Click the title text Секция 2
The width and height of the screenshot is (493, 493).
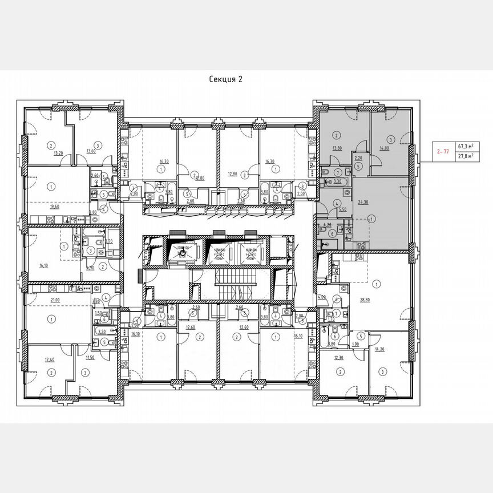pyautogui.click(x=226, y=80)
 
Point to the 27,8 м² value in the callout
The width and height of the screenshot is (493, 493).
pyautogui.click(x=467, y=157)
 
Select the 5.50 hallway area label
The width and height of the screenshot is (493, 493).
pyautogui.click(x=343, y=210)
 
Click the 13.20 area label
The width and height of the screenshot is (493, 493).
pyautogui.click(x=58, y=153)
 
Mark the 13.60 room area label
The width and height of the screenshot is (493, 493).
pyautogui.click(x=91, y=151)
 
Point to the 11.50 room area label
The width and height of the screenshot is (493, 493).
pyautogui.click(x=90, y=357)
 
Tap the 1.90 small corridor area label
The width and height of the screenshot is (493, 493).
pyautogui.click(x=354, y=345)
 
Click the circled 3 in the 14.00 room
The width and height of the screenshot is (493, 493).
pyautogui.click(x=390, y=139)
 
